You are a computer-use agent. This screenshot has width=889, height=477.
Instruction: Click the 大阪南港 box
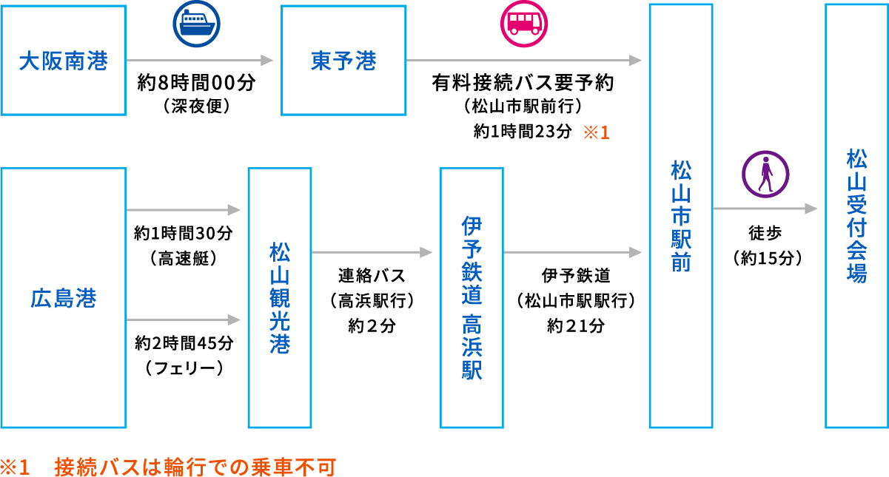(64, 60)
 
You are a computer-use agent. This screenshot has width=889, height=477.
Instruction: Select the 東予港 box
(343, 60)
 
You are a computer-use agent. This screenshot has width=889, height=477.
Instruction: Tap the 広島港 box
(64, 297)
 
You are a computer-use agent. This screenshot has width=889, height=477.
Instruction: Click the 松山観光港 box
(279, 297)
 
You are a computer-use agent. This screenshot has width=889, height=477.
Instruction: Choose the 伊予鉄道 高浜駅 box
(472, 297)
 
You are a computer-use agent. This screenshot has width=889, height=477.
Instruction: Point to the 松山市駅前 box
(680, 216)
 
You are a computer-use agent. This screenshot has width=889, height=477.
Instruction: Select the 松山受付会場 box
(856, 216)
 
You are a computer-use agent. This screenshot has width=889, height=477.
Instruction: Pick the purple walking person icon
(765, 174)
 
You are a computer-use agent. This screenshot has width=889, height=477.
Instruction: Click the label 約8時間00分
(196, 83)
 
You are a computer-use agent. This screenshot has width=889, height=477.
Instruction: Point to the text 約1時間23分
(523, 132)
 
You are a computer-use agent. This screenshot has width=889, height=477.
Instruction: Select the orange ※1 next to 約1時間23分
(596, 133)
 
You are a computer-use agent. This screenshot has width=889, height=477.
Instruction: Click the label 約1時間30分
(184, 234)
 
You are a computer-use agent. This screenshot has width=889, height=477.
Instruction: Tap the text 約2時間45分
(184, 343)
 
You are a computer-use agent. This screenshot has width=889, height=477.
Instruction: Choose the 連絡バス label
(372, 276)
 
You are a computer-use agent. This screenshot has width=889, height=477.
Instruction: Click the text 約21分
(576, 325)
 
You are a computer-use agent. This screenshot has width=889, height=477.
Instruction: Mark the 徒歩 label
(765, 233)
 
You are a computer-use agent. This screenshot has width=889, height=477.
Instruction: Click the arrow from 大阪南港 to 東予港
(200, 60)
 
